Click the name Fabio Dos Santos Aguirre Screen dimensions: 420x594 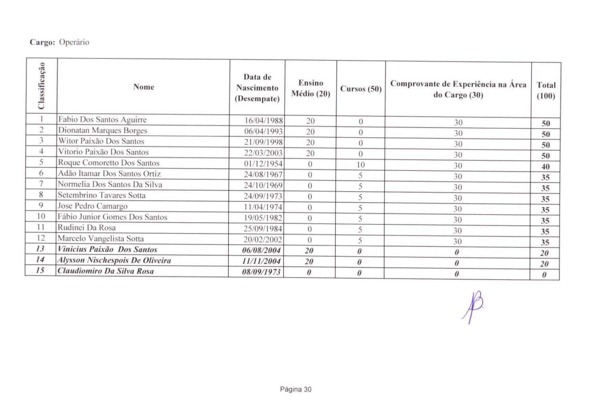102,120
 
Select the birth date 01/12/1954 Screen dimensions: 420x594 263,164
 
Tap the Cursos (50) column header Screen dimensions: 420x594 361,89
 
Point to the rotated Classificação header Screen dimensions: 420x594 42,86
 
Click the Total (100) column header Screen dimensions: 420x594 546,90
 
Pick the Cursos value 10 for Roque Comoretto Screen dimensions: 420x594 360,164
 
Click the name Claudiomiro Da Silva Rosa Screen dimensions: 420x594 105,271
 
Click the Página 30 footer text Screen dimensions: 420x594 295,389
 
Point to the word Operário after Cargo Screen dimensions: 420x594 74,42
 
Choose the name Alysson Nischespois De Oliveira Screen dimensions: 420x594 114,260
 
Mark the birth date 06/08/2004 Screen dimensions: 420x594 261,250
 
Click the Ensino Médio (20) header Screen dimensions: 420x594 310,88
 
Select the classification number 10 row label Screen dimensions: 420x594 41,216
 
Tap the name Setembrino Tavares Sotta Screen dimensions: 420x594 101,195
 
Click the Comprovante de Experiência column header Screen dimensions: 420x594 458,89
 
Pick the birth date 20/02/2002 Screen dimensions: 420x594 263,240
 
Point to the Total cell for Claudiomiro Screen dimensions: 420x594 544,275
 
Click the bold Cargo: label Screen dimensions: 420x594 42,42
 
